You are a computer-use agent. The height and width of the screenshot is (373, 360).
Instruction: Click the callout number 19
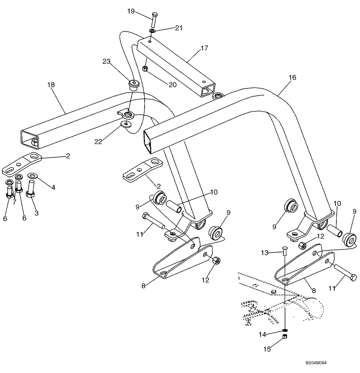tap(130, 11)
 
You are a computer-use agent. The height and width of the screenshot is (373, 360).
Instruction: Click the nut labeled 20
tap(146, 69)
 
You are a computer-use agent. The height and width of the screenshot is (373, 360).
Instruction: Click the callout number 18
tap(51, 85)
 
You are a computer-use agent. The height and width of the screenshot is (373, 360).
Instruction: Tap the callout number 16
tap(292, 77)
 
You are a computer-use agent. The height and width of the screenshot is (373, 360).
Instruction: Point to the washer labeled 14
tap(285, 330)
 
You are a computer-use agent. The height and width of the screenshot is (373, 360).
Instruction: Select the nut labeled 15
tap(285, 337)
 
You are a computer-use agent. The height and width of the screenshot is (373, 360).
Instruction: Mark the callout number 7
tap(15, 202)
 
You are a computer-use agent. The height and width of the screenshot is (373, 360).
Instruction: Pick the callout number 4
tap(53, 188)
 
